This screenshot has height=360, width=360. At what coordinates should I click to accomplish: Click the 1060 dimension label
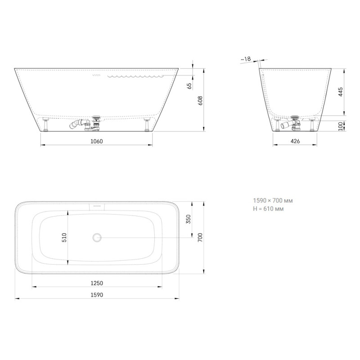coord(96,141)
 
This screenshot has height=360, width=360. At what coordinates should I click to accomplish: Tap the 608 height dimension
coord(200,100)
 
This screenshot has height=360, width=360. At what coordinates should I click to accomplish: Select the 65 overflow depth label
coord(189,86)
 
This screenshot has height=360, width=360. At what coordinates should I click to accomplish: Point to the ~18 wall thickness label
coord(246,59)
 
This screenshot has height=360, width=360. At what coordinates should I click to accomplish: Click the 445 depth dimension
coord(341,92)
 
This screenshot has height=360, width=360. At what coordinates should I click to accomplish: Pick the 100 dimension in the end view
coord(341,126)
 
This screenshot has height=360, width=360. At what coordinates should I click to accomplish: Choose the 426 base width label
coord(295,141)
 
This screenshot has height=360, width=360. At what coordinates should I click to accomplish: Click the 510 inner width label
coord(64,238)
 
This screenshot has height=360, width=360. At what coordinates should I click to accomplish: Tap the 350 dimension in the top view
coord(188,219)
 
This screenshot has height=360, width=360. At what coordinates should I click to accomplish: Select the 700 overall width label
coord(200,238)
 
